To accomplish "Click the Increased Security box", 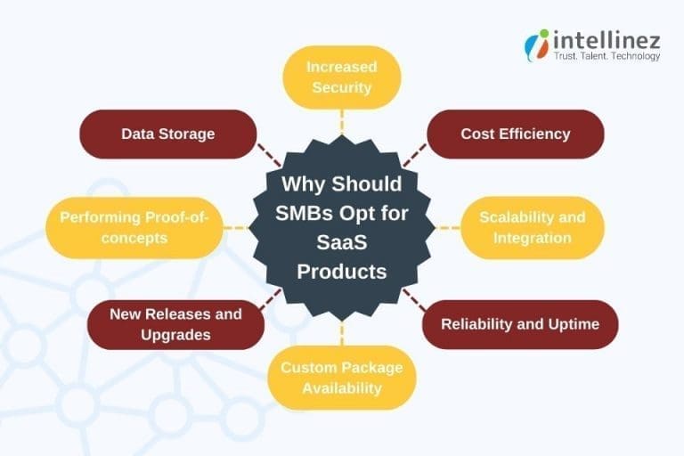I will [342, 77].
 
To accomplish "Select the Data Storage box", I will [168, 134].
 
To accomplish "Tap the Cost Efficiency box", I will [516, 134].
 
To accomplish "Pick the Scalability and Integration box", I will [533, 227].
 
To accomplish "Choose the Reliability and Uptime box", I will [520, 324].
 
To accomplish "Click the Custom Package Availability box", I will [342, 378].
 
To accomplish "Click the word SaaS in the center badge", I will [342, 242].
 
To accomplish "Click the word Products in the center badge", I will [342, 271].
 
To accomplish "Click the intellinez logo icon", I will [537, 45].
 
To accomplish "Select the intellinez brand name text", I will [607, 38].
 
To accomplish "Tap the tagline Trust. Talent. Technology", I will [607, 57].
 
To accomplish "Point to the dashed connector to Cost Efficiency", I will [415, 156].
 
